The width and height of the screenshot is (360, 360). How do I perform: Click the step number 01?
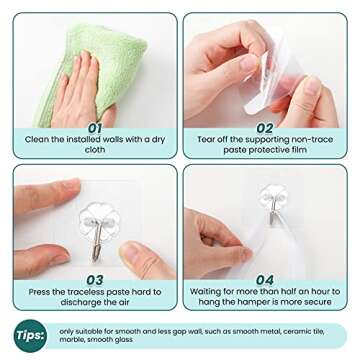tap(94, 127)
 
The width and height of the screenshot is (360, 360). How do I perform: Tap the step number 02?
tap(264, 127)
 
